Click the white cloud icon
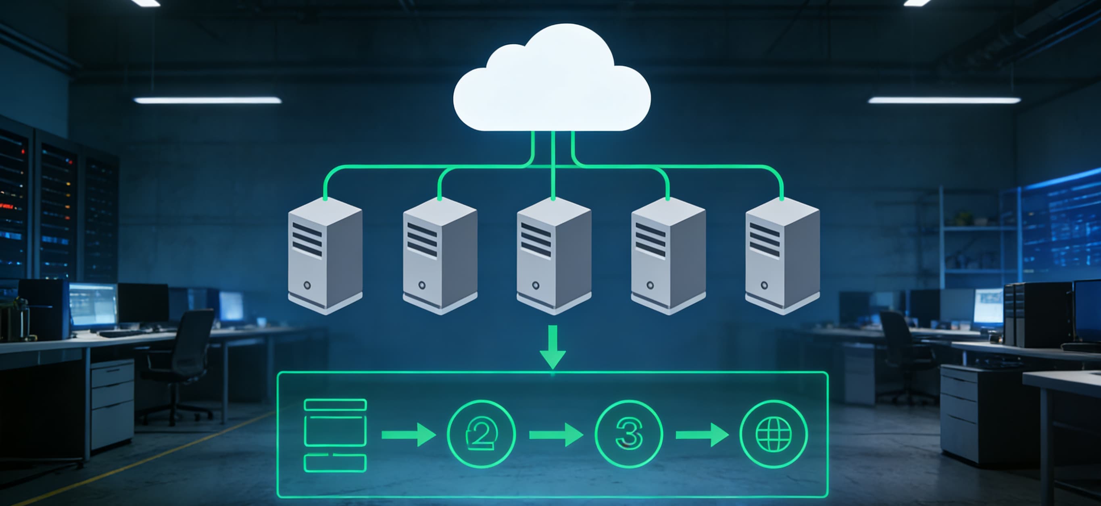(x=551, y=81)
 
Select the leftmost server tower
(x=325, y=256)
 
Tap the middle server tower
(x=554, y=256)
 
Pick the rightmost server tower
(x=782, y=256)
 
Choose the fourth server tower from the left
(x=668, y=256)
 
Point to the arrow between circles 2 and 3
(x=556, y=435)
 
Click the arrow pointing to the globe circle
(x=702, y=435)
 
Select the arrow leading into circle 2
(x=408, y=435)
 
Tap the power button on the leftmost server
(x=307, y=285)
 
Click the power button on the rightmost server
(x=764, y=285)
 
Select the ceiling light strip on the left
(x=207, y=100)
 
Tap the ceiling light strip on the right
(x=944, y=100)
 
